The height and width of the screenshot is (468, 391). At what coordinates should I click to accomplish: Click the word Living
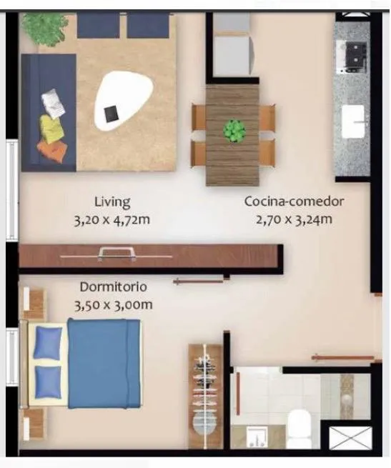[112, 202]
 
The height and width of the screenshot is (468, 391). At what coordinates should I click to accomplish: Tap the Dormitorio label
[113, 287]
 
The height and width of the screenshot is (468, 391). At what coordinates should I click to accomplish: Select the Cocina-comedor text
[294, 201]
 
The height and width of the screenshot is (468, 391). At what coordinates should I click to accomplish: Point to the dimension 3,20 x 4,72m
[112, 220]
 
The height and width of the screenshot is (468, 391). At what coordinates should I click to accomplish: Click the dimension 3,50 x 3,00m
[113, 305]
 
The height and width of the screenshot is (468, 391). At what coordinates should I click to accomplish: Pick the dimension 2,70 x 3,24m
[294, 219]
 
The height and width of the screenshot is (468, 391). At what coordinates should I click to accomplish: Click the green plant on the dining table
[234, 131]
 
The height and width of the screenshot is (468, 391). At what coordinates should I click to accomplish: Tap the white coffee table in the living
[124, 101]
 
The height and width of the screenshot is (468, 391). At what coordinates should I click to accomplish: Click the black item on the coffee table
[112, 114]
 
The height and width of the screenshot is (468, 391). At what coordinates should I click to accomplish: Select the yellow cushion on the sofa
[52, 128]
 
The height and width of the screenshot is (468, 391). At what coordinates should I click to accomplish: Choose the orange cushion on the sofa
[53, 151]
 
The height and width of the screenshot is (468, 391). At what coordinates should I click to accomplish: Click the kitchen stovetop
[351, 57]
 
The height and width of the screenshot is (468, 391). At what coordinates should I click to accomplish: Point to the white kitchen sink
[353, 121]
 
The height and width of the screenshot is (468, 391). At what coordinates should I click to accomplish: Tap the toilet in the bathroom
[301, 427]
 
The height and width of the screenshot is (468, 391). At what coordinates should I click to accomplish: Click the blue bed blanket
[104, 363]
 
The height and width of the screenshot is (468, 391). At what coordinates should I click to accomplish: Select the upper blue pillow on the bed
[48, 342]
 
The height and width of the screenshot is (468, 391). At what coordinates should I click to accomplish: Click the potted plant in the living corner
[45, 29]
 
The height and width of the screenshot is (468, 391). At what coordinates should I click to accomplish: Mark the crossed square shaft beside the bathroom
[350, 438]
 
